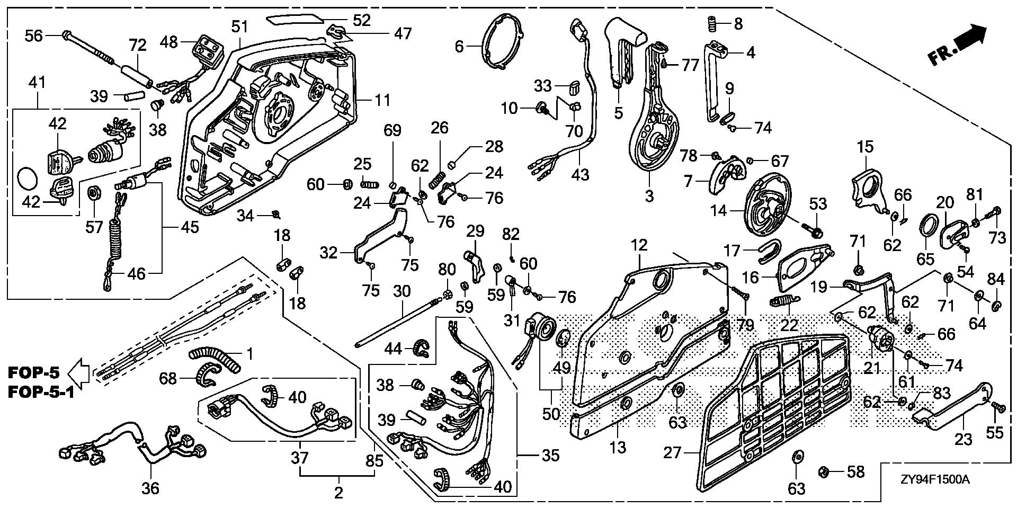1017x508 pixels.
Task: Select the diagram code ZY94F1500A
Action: pyautogui.click(x=935, y=480)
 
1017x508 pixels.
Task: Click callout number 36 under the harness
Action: pyautogui.click(x=150, y=487)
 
